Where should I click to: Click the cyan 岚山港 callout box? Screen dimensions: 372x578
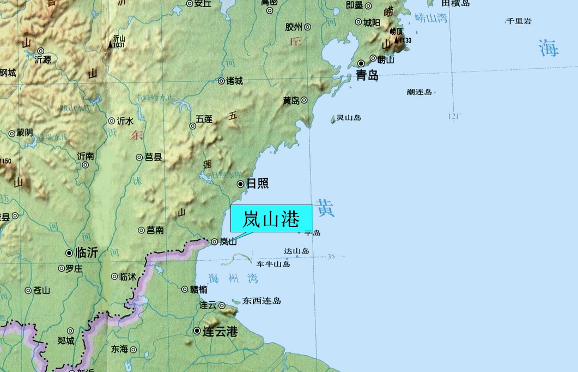[271, 219]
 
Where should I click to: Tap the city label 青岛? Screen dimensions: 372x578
[367, 76]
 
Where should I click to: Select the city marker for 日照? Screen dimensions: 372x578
[240, 184]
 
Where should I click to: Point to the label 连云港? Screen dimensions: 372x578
[220, 331]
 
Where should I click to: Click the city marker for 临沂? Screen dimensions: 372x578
[69, 253]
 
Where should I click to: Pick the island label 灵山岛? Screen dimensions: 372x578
[349, 117]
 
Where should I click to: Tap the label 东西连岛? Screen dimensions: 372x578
[262, 301]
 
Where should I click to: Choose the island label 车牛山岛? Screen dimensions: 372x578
[273, 264]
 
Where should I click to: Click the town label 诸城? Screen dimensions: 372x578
[234, 81]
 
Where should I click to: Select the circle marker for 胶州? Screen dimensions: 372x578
[307, 27]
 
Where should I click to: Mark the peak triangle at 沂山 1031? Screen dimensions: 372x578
[110, 45]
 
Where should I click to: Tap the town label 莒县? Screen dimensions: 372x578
[153, 157]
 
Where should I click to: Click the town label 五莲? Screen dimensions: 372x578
[204, 118]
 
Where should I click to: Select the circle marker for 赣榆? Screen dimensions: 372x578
[184, 289]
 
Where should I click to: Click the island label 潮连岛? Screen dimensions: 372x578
[419, 92]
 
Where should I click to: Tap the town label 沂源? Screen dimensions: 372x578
[42, 59]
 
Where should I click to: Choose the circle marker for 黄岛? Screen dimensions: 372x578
[304, 100]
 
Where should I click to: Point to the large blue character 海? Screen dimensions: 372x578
[549, 48]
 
